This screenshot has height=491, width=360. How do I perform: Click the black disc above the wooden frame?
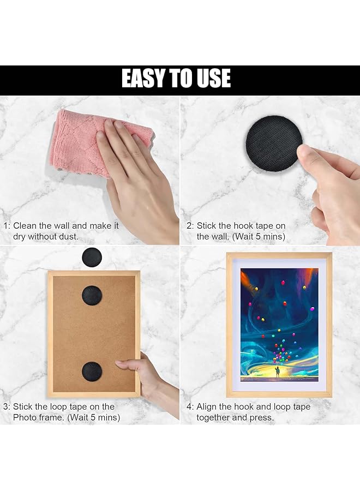coord(92,257)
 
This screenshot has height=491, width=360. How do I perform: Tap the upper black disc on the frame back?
coord(92,295)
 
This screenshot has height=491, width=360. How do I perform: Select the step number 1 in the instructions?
coord(6,225)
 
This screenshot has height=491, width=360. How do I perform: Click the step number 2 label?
coord(189,225)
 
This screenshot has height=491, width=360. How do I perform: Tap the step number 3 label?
coord(6,406)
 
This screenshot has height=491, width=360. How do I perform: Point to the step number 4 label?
coord(189,406)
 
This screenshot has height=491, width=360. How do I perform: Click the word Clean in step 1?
coord(25,225)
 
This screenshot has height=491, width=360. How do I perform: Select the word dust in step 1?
coord(67,236)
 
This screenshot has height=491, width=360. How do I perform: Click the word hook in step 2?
coord(244,225)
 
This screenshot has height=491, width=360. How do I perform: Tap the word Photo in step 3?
coord(25,417)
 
